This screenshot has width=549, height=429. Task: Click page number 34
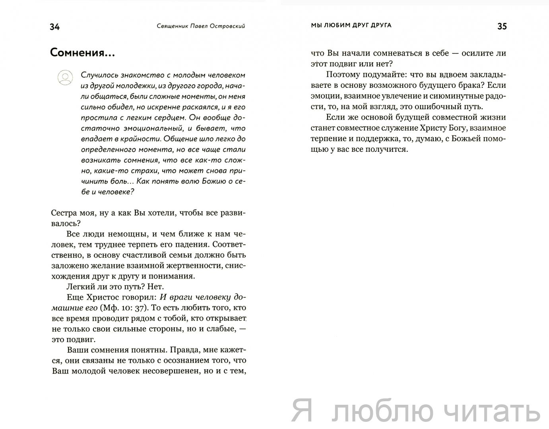tap(54, 27)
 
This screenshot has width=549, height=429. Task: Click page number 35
tap(502, 26)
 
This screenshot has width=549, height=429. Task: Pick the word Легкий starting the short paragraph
tap(78, 286)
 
